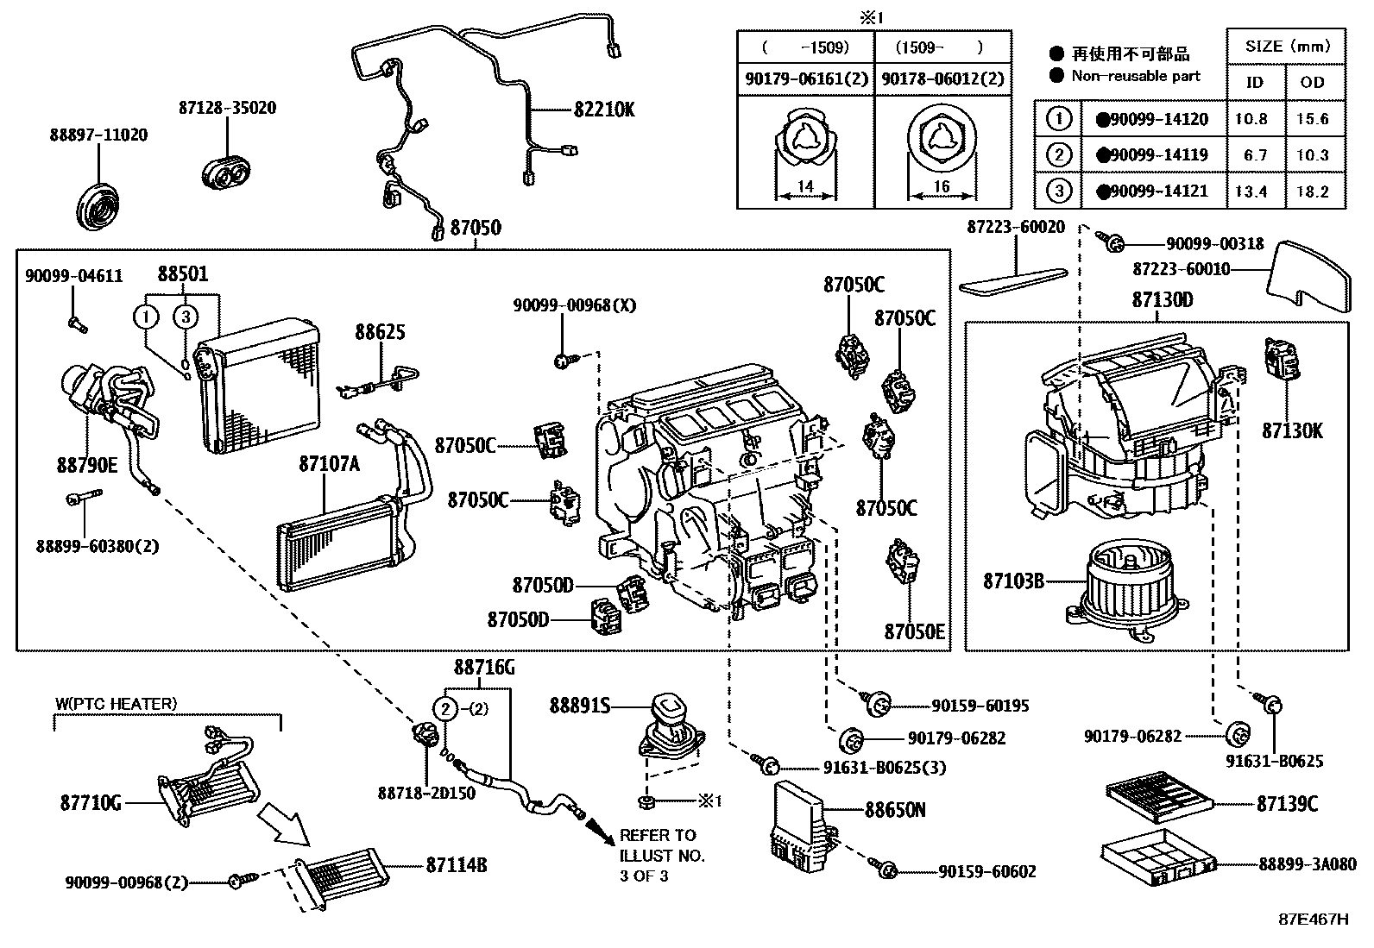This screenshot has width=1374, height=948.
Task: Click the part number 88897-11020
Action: (x=98, y=135)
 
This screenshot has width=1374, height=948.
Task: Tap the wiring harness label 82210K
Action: (x=604, y=110)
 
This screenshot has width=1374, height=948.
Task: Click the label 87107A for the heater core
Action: (x=329, y=463)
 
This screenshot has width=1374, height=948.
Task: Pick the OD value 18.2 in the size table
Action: (x=1312, y=191)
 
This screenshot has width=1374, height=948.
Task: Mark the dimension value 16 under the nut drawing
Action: (x=942, y=186)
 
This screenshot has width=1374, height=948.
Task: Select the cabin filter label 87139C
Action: (x=1287, y=804)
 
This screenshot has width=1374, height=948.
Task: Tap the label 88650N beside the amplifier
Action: (x=895, y=810)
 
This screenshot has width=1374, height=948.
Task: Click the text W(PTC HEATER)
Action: (x=117, y=704)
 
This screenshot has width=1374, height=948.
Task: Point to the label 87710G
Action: (x=91, y=803)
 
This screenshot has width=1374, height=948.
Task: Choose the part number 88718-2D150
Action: (x=426, y=793)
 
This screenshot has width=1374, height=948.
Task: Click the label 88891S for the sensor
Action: (x=579, y=706)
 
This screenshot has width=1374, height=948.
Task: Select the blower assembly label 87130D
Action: (x=1162, y=300)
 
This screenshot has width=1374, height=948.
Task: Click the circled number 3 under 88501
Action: (x=186, y=317)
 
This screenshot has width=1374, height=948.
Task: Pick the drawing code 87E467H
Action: (x=1313, y=919)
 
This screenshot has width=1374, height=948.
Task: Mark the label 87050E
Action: (x=914, y=632)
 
